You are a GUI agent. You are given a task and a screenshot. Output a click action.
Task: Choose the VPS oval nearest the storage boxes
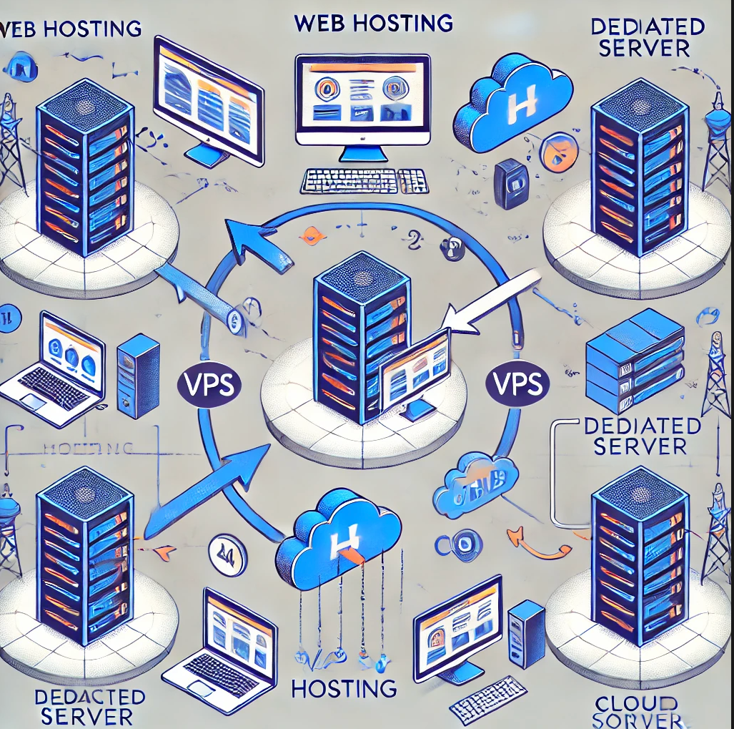point(517,380)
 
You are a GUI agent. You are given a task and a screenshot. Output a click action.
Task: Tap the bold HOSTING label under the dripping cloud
point(344,689)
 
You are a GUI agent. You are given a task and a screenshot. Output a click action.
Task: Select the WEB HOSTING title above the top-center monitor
point(373,23)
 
